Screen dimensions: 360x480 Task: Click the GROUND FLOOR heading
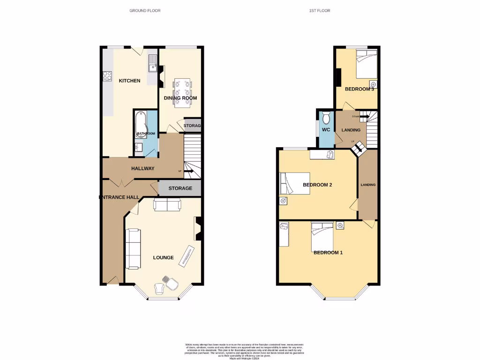click(145, 10)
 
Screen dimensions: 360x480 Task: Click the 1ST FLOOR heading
click(320, 10)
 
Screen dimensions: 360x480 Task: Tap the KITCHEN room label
click(129, 81)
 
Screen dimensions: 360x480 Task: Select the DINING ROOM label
click(180, 98)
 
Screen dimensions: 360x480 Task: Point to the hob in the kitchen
click(106, 75)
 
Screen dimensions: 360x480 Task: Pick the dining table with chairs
click(181, 92)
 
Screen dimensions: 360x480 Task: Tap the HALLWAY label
click(143, 169)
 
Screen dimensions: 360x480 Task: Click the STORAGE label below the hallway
click(180, 188)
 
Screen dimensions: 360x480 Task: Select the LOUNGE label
click(164, 258)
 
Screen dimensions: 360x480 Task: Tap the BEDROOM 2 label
click(317, 185)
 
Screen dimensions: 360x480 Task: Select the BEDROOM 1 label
click(328, 253)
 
